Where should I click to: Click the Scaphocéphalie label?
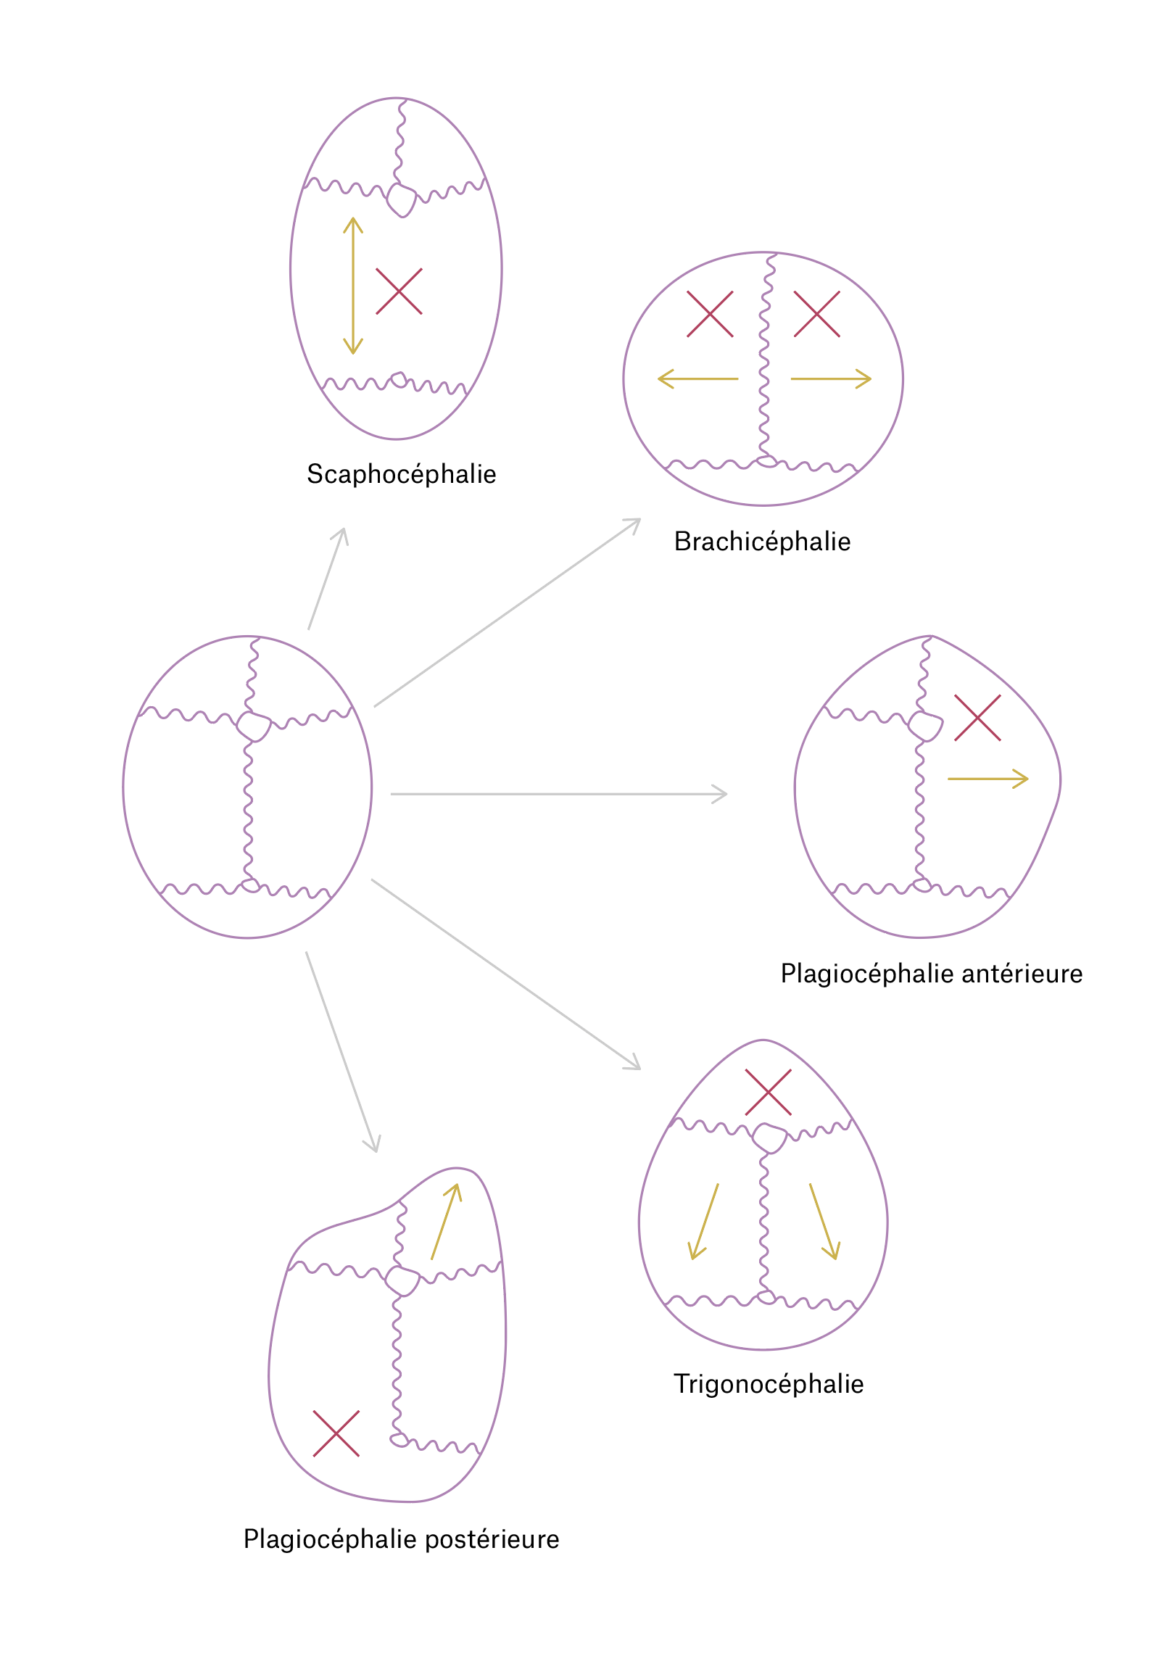point(401,475)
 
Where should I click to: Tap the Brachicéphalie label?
point(762,542)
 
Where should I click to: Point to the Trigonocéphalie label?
point(769,1384)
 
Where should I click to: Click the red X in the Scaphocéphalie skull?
point(398,291)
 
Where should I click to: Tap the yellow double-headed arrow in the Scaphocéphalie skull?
point(353,286)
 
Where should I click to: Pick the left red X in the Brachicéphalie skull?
point(709,314)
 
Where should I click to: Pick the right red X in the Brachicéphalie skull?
point(816,314)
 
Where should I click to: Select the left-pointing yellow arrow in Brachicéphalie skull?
point(697,378)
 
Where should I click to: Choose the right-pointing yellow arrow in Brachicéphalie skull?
point(830,378)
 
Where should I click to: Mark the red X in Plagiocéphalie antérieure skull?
point(977,718)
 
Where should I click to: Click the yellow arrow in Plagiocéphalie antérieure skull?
point(987,779)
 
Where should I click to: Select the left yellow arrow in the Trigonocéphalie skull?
point(703,1221)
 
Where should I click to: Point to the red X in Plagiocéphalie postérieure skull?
point(336,1434)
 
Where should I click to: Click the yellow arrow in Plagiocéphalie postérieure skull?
point(446,1221)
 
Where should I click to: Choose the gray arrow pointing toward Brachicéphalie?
point(508,612)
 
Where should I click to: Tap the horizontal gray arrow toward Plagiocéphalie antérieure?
point(558,795)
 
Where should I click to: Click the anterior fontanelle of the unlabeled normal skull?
point(254,726)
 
